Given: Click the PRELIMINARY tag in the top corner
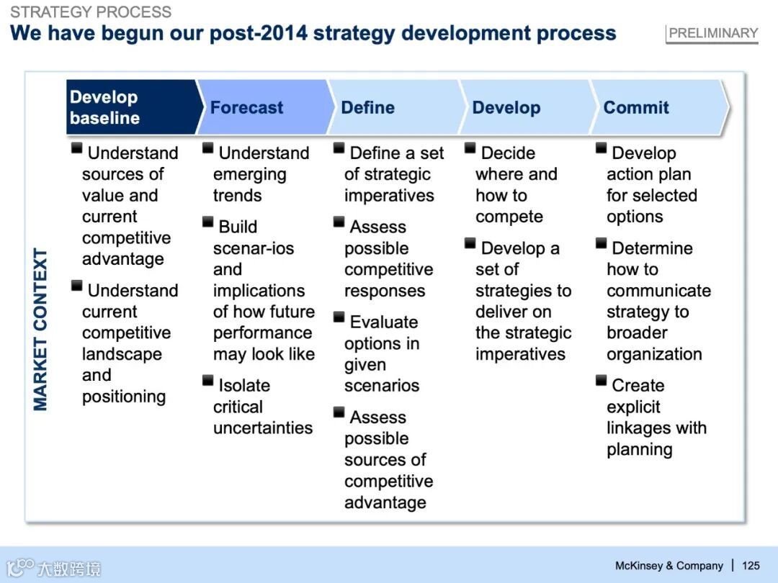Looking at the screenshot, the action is [712, 34].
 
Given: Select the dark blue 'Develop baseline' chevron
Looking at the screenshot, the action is [133, 107].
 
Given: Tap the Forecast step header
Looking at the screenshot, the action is [246, 107].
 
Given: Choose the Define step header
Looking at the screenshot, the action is [367, 107].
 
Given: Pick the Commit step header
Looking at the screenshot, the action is [636, 107].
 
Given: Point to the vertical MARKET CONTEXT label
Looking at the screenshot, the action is [40, 329].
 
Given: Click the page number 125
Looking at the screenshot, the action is [751, 566].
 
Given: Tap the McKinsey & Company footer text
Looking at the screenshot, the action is [669, 566].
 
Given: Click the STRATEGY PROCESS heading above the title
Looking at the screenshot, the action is [91, 12].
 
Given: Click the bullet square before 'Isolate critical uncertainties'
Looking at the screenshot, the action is [208, 381].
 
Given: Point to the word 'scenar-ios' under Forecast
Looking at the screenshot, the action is [254, 248].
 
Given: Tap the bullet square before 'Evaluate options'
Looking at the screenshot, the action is [339, 317].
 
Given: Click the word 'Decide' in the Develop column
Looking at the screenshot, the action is [508, 153].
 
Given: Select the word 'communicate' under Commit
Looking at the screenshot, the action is [659, 291].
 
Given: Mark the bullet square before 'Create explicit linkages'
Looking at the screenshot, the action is [602, 381].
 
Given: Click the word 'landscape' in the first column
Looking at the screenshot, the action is [122, 354].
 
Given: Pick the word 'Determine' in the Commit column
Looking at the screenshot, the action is [653, 248].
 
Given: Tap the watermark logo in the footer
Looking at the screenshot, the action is [53, 568].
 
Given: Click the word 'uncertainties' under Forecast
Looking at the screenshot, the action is [263, 428].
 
